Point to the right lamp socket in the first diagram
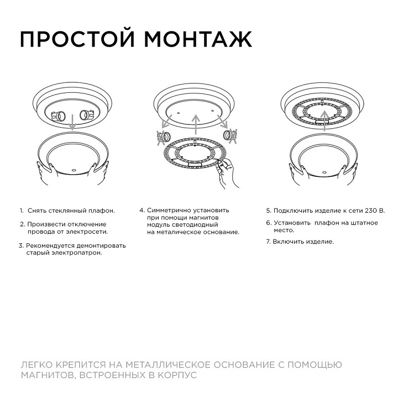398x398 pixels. pos(86,116)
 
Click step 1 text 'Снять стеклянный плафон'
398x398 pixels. pos(71,211)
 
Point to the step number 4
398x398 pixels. pos(142,211)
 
